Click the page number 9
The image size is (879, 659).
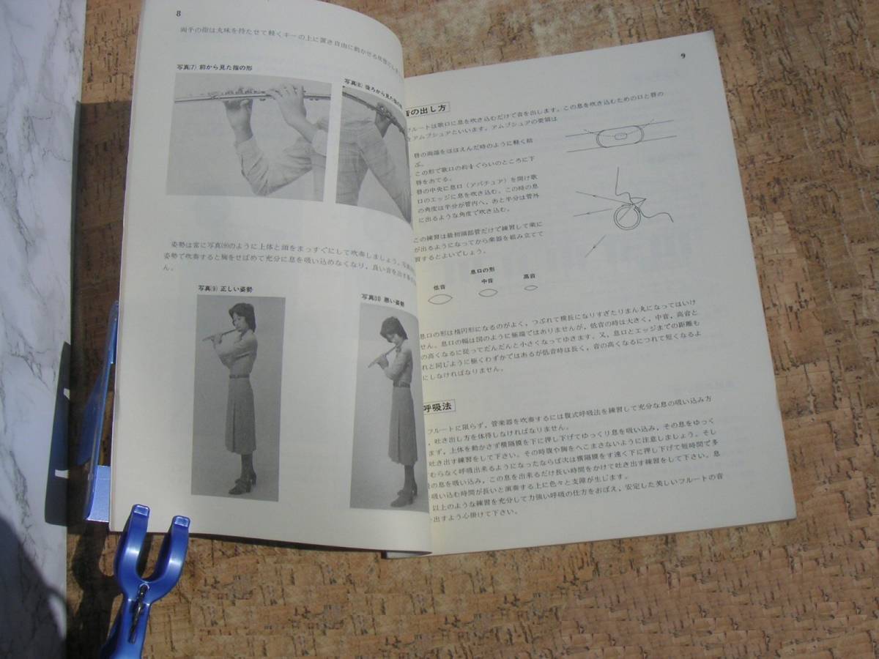[x=683, y=56]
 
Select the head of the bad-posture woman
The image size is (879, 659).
[x=393, y=329]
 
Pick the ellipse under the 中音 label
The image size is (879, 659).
[x=488, y=293]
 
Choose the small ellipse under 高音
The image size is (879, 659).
[x=531, y=287]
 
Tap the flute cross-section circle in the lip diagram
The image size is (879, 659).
[x=628, y=216]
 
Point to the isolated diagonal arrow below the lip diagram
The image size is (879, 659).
[x=596, y=245]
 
